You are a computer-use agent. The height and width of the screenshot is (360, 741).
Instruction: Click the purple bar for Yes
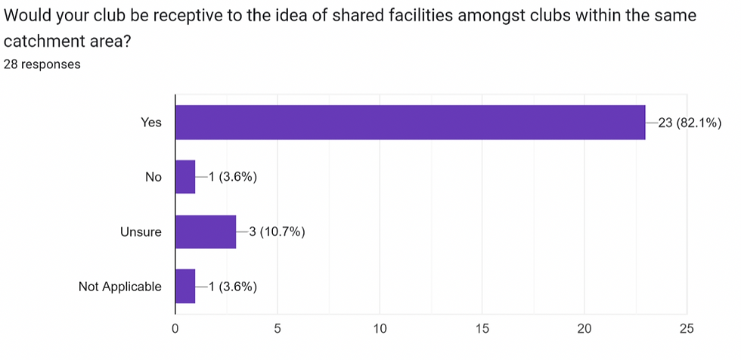(410, 123)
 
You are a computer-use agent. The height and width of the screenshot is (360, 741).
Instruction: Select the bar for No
(185, 177)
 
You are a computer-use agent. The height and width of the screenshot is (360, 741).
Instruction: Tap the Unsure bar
(206, 232)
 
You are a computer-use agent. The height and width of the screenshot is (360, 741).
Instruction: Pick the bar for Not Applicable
(185, 287)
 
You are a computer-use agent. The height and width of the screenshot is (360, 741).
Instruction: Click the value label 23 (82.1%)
(690, 123)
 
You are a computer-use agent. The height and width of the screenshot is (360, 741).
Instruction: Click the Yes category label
(151, 123)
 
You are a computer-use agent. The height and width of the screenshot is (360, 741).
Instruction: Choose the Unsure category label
(141, 232)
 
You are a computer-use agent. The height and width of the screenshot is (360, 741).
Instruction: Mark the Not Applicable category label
(120, 287)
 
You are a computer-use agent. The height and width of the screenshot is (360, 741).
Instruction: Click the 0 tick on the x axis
(175, 329)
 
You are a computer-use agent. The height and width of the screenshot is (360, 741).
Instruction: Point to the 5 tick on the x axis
(277, 329)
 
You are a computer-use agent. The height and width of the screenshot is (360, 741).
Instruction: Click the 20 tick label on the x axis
(584, 329)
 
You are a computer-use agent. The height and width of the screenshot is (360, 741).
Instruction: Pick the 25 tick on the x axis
(686, 329)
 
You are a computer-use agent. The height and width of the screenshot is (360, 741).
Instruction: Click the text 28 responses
(42, 65)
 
